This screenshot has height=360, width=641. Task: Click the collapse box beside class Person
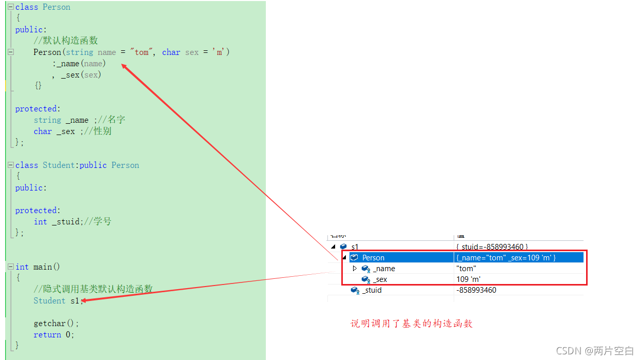pos(10,7)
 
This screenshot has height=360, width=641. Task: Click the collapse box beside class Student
pos(10,165)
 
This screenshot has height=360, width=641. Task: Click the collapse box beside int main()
pos(10,267)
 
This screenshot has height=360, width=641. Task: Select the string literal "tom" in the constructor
pos(142,52)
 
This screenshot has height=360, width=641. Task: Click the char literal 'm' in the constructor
pos(221,52)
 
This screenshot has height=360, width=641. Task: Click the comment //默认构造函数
pos(66,41)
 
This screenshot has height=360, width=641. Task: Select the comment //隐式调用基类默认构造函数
pos(93,290)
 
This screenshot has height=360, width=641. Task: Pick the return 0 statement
pos(54,335)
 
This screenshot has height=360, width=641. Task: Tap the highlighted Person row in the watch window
pos(373,258)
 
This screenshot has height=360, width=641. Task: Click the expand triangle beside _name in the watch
pos(355,269)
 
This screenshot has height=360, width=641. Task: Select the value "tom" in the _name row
pos(466,269)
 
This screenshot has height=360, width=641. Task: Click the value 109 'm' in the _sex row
pos(468,279)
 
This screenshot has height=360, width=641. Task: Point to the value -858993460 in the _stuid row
pos(476,290)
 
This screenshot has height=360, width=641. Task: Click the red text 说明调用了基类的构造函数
pos(411,324)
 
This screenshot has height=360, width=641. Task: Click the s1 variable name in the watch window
pos(355,247)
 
